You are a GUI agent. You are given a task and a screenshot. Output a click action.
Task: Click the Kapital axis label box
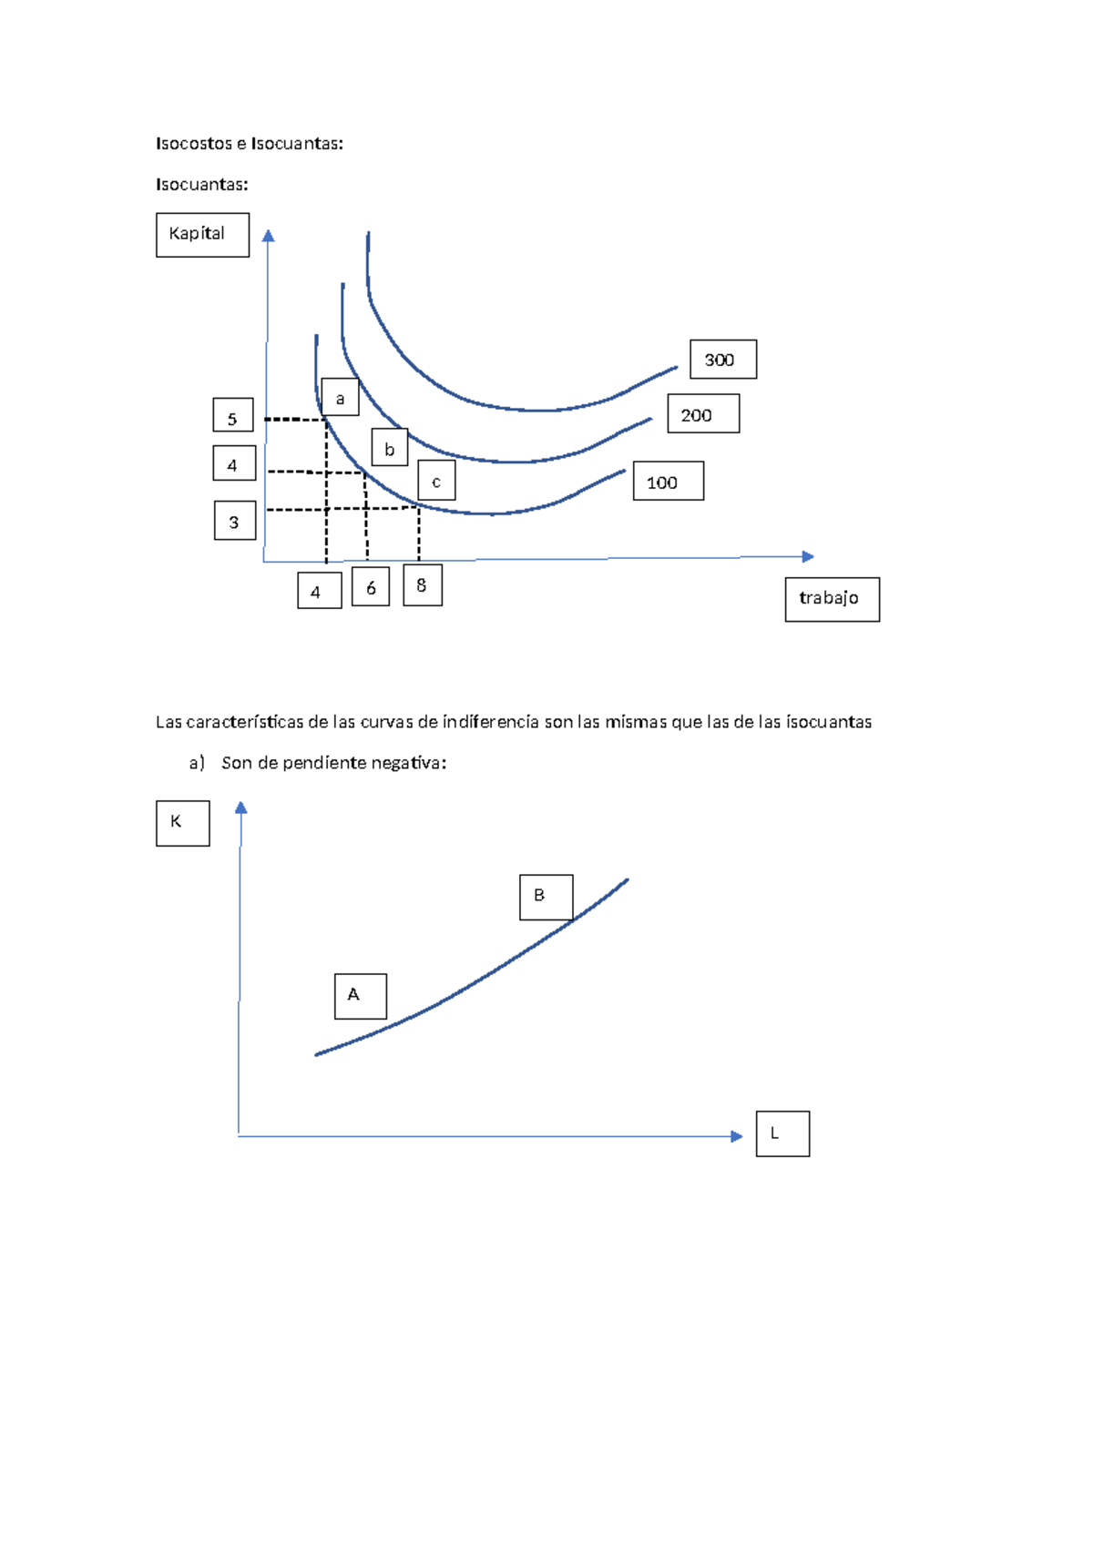click(202, 235)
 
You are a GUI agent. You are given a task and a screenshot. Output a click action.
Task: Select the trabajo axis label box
click(832, 599)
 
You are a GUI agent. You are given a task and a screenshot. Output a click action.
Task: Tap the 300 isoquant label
click(722, 360)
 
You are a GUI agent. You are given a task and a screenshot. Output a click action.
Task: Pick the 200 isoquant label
click(702, 414)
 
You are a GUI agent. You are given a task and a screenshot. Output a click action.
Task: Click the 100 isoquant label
click(668, 482)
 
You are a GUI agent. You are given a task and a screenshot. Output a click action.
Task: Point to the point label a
click(340, 398)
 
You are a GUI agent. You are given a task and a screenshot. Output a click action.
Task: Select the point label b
click(389, 448)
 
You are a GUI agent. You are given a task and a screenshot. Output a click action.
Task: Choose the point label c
click(436, 481)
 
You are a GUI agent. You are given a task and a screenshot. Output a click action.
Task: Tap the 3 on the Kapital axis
click(234, 521)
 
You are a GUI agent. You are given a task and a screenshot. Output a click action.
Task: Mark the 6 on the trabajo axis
click(371, 587)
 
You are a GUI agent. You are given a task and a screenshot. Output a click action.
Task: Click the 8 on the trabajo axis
click(422, 585)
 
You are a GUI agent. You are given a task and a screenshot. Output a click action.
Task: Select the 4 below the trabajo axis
click(319, 591)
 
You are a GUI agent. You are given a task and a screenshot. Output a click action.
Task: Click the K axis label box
click(182, 823)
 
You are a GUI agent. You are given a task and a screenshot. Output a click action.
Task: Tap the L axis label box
click(781, 1133)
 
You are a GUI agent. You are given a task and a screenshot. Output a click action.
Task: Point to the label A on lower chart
click(360, 996)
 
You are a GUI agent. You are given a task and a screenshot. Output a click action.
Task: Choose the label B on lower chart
click(546, 897)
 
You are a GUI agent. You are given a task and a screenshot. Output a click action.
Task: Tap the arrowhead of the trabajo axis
click(808, 556)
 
